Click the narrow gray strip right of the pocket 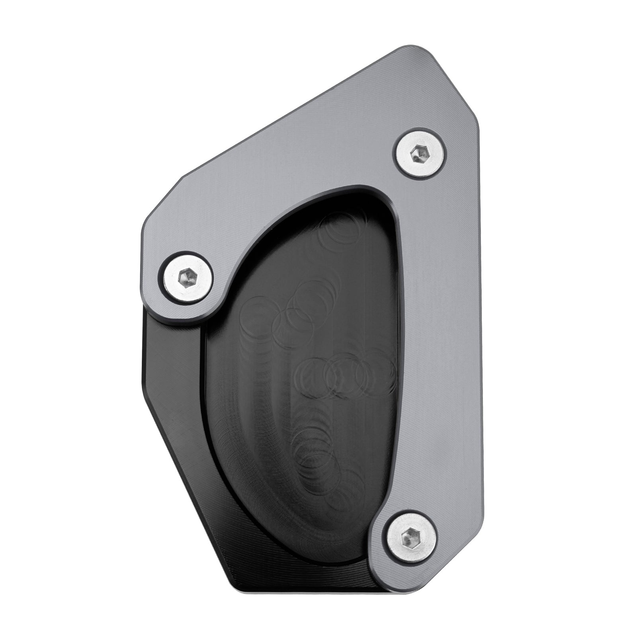click(x=438, y=358)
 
